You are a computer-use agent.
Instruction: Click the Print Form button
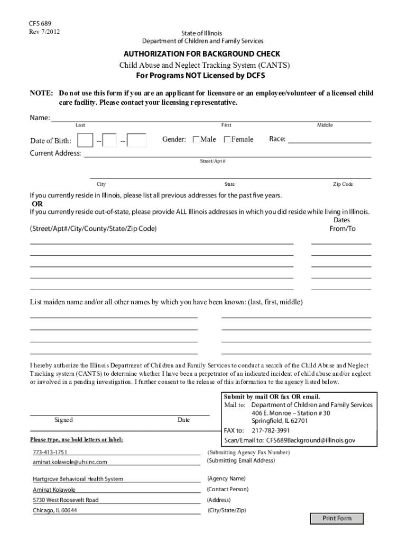(x=337, y=518)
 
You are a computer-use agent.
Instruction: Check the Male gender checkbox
(x=197, y=139)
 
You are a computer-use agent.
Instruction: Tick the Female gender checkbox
(x=227, y=139)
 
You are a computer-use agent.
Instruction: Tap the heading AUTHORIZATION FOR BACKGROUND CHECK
(x=202, y=54)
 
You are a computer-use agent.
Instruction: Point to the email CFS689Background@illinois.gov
(x=310, y=440)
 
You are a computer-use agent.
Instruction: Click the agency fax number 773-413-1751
(x=50, y=453)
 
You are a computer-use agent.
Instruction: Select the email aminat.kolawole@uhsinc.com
(x=70, y=462)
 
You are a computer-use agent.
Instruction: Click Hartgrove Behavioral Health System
(x=78, y=479)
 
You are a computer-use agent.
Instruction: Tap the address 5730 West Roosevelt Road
(x=66, y=500)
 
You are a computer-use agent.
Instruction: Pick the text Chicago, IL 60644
(x=54, y=510)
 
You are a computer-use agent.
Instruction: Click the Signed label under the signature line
(x=63, y=420)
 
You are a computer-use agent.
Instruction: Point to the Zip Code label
(x=343, y=184)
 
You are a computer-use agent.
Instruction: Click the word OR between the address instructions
(x=37, y=204)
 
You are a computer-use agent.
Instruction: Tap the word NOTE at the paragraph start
(x=40, y=93)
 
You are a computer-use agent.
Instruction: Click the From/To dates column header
(x=343, y=229)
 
